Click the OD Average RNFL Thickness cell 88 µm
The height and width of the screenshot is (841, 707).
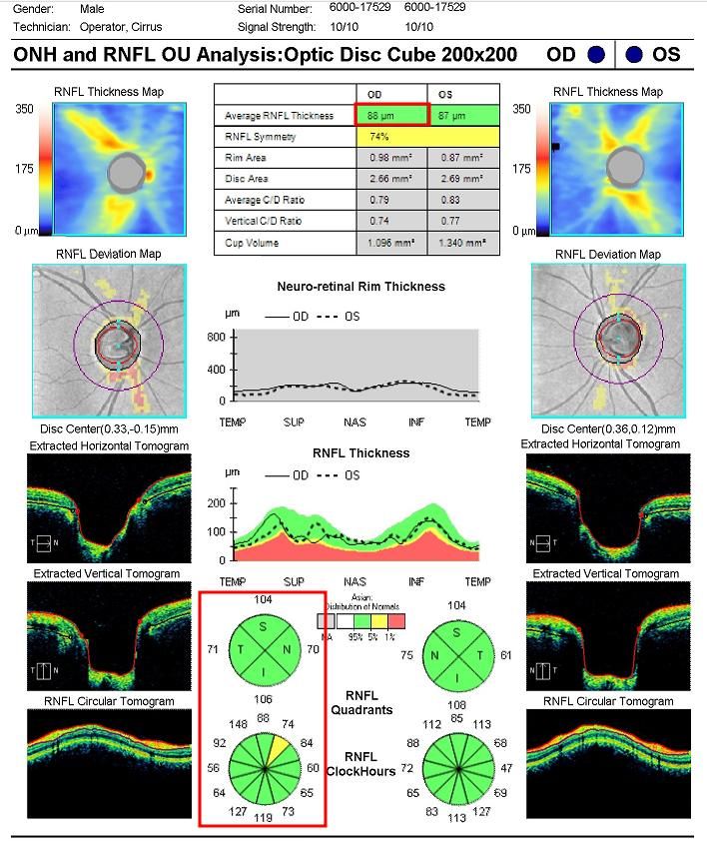(x=390, y=115)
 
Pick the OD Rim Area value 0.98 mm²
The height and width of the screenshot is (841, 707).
(x=390, y=158)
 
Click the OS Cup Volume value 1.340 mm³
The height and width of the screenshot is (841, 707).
(x=460, y=244)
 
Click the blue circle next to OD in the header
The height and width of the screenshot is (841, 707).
(x=596, y=54)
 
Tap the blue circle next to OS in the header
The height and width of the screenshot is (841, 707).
(x=634, y=54)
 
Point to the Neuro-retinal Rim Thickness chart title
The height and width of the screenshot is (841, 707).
(x=360, y=287)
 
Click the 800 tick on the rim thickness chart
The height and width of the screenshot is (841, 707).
(x=216, y=337)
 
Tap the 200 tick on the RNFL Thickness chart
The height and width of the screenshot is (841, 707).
(x=216, y=502)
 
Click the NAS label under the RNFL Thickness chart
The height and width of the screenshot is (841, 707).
(x=354, y=581)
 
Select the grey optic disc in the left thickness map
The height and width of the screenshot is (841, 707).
(x=124, y=173)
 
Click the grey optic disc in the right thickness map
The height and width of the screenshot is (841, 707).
(x=627, y=166)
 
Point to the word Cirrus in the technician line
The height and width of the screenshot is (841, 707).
(x=143, y=27)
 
